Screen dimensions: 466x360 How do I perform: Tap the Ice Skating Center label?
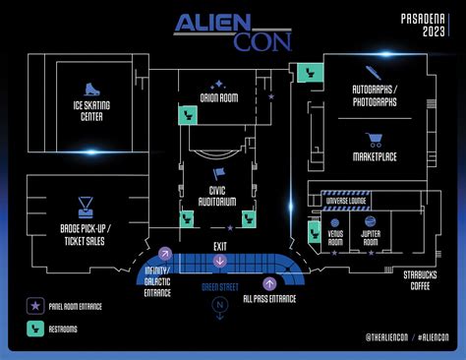91,111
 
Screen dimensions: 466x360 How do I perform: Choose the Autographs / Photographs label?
374,96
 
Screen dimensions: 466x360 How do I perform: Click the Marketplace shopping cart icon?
374,140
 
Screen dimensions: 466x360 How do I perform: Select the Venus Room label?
335,239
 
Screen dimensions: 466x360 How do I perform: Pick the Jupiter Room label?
370,239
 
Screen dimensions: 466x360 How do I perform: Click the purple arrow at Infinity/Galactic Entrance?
165,254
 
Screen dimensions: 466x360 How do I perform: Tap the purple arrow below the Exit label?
219,261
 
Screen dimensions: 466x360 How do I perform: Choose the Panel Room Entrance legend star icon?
35,307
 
